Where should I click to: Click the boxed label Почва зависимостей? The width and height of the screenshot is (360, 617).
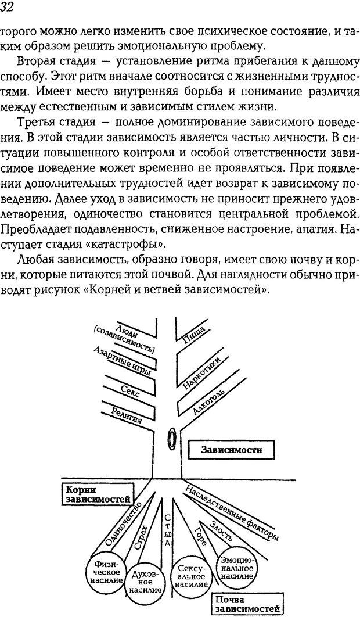coord(245,604)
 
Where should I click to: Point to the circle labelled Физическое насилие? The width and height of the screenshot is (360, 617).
coord(105,572)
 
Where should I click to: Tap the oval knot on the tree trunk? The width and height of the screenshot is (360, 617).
coord(172,438)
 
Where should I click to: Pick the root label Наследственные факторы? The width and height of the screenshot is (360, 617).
coord(232,511)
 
